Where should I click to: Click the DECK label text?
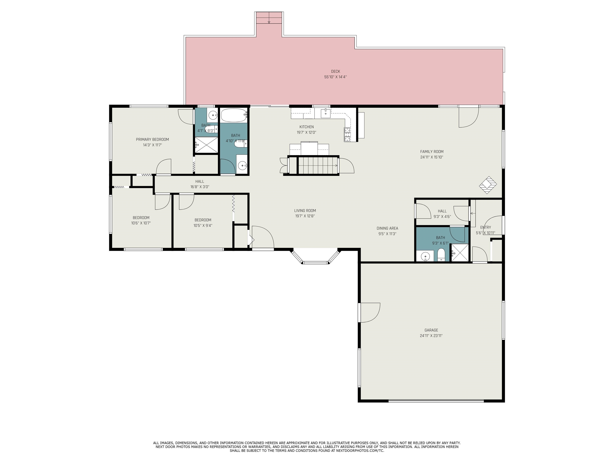tap(335, 71)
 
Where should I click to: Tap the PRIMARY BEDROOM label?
tap(152, 139)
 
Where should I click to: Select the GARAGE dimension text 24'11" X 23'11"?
tap(431, 336)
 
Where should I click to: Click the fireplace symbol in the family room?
tap(488, 185)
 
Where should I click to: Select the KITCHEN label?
tap(306, 127)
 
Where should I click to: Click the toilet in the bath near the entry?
tap(441, 255)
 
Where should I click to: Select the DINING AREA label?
tap(387, 228)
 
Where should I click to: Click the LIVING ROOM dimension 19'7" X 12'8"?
tap(305, 216)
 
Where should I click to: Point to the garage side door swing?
tap(369, 313)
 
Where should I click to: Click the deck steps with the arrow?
tap(269, 18)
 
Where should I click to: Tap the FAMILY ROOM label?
tap(432, 152)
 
